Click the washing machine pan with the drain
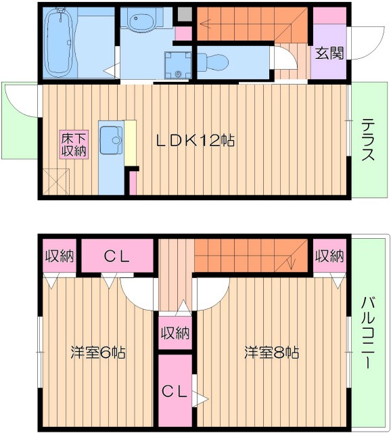click(178, 65)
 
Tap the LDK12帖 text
click(195, 141)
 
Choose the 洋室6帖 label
click(99, 352)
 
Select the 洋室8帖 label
click(271, 352)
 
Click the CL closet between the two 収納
click(116, 256)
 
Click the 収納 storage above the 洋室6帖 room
click(60, 256)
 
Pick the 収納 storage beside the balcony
click(329, 256)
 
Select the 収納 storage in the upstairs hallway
click(175, 333)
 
